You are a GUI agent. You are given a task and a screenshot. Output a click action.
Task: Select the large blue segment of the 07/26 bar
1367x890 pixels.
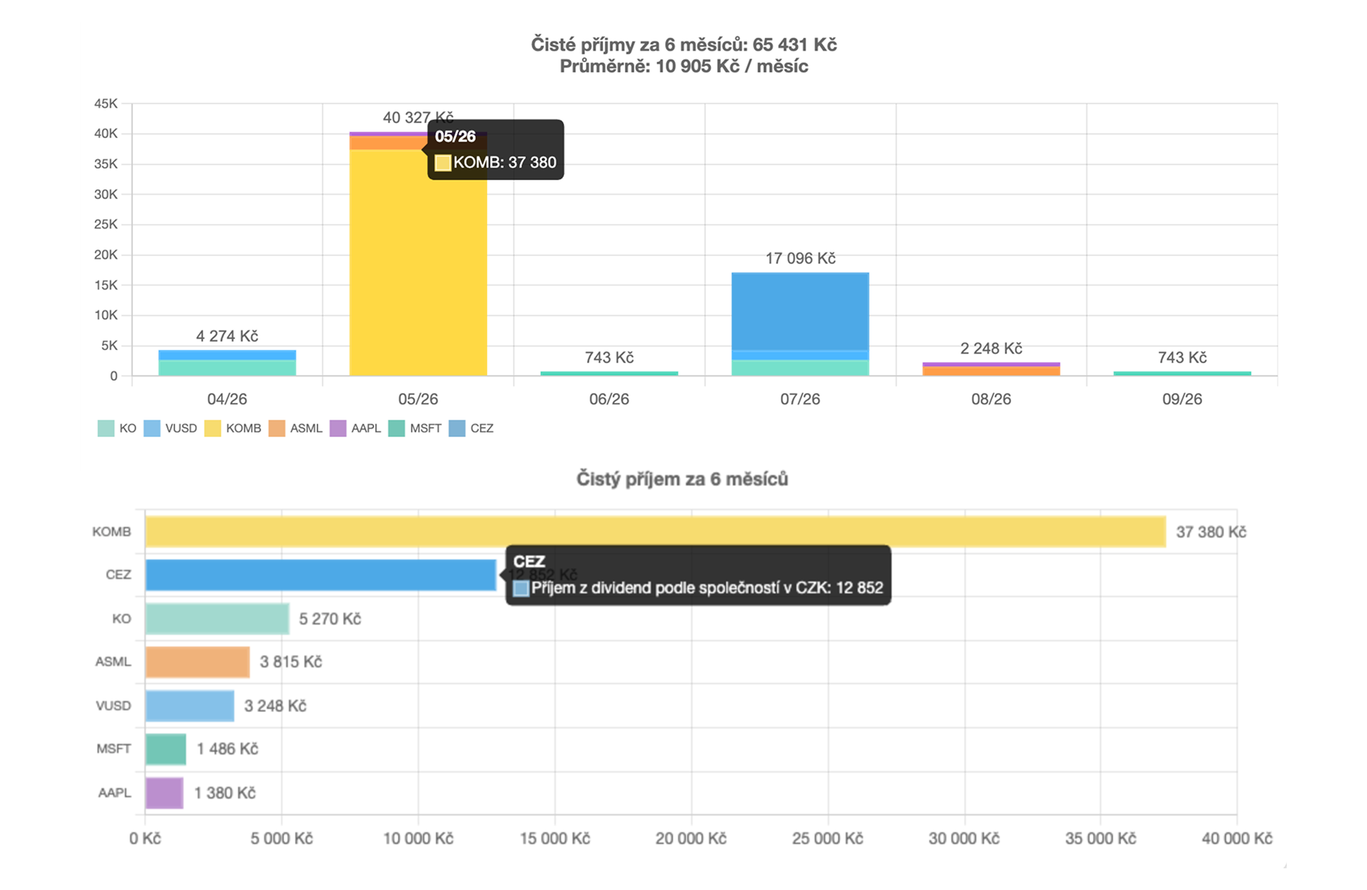tap(800, 311)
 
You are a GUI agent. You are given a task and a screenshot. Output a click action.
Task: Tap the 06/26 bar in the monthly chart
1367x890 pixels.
tap(609, 373)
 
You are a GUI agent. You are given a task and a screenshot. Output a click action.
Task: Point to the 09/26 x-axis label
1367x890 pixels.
tap(1182, 399)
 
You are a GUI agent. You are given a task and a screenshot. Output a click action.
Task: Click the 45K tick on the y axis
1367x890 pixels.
tap(106, 103)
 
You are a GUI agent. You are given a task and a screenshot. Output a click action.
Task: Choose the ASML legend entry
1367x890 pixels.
tap(296, 428)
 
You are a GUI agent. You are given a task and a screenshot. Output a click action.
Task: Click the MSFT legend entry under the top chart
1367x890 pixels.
tap(415, 428)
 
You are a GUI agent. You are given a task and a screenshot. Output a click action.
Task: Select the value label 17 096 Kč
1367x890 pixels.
tap(800, 258)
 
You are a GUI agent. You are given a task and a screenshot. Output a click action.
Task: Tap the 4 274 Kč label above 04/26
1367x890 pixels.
tap(227, 336)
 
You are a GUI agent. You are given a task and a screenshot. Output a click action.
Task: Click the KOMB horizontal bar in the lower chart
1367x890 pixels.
tap(655, 532)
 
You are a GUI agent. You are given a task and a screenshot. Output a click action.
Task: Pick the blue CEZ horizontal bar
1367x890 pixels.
tap(320, 575)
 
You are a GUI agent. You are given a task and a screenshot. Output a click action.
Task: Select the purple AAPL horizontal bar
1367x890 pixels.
tap(164, 793)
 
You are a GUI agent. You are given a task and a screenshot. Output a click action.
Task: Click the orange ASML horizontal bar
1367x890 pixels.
tap(197, 662)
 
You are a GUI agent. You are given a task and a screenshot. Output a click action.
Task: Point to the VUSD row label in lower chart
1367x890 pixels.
tap(114, 705)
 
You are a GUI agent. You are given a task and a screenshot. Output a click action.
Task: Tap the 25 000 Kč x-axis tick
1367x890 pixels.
tap(827, 839)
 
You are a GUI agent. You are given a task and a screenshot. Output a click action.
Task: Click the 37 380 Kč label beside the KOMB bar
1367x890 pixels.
tap(1211, 533)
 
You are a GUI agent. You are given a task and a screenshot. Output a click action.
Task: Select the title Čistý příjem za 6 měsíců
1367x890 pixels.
tap(682, 479)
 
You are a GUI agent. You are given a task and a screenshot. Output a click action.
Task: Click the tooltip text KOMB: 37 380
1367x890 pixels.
tap(505, 163)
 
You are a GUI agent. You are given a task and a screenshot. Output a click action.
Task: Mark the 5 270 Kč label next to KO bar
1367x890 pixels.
tap(330, 619)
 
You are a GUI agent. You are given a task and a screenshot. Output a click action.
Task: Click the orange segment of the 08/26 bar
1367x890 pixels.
tap(991, 371)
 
